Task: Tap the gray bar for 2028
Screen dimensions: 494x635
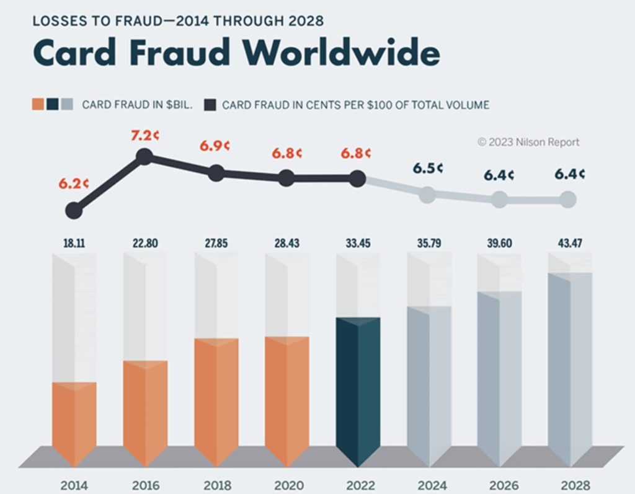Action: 570,369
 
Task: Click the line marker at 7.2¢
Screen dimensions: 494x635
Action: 144,156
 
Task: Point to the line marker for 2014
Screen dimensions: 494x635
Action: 74,211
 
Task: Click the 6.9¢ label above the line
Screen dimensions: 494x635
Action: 215,146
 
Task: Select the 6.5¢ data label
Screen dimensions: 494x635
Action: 427,168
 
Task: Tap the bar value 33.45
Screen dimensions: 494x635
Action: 358,244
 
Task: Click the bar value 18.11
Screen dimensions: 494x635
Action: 74,244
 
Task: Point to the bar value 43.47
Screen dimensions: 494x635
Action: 570,244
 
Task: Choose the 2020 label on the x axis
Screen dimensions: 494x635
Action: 286,484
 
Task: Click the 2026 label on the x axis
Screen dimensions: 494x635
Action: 499,484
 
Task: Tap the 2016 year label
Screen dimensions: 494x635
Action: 145,484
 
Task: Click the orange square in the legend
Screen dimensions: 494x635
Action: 38,104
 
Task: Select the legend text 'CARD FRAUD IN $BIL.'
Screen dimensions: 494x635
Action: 137,105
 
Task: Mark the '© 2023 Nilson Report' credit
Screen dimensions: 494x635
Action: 528,142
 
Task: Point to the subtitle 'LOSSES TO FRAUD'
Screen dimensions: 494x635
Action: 95,21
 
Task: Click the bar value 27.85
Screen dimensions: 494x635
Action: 216,244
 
